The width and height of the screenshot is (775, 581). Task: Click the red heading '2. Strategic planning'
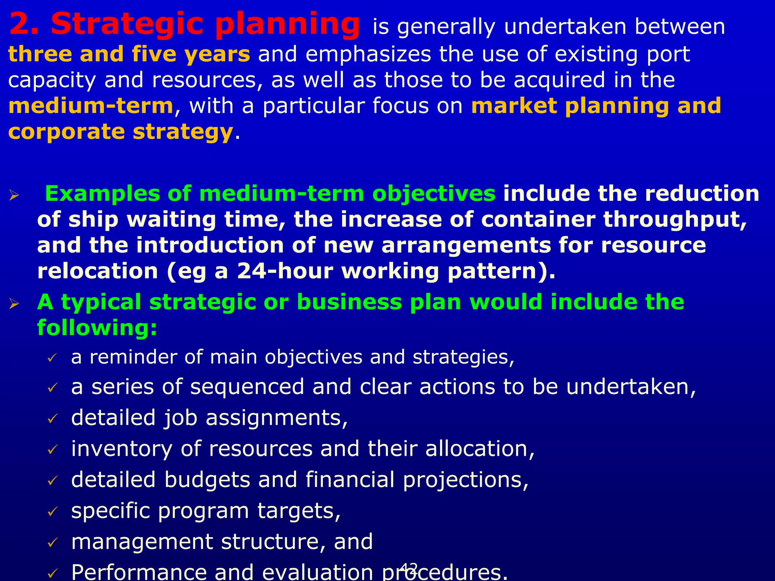pos(184,25)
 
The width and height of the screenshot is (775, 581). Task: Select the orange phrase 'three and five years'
pos(129,54)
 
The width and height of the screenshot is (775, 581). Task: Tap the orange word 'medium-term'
pos(91,106)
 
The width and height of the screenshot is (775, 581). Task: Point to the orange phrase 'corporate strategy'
pos(120,132)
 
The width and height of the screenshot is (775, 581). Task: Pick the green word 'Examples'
pos(102,194)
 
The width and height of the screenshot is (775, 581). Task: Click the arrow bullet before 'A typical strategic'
pos(14,303)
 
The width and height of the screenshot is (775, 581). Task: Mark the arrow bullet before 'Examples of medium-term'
pos(14,196)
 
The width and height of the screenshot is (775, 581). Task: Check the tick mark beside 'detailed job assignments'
pos(52,419)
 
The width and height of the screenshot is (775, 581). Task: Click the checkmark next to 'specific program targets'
pos(52,512)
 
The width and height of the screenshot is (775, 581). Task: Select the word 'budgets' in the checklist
pos(207,480)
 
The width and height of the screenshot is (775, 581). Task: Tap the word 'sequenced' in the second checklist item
pos(247,387)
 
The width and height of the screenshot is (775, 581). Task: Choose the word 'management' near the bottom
pos(142,542)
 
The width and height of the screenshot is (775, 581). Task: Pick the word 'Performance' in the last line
pos(139,572)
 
